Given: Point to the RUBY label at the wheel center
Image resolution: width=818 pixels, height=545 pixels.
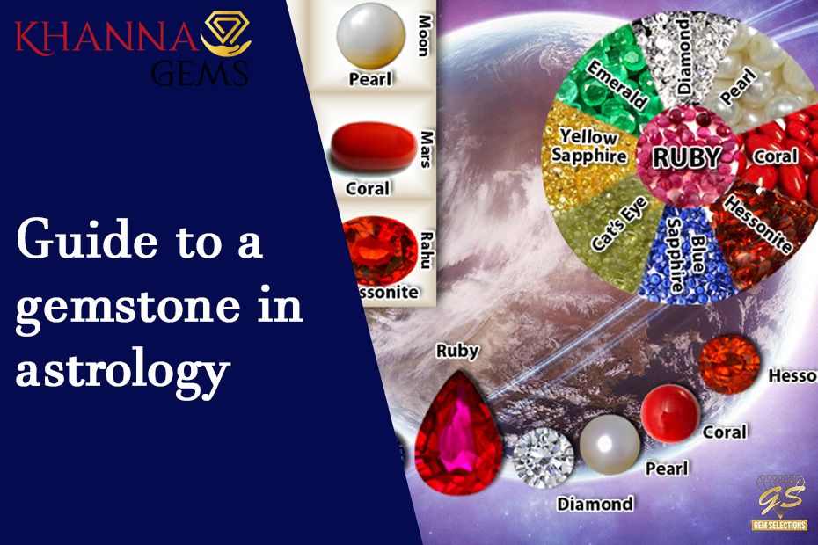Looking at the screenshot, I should (685, 157).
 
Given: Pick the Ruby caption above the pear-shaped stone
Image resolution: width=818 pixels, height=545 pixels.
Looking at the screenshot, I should (457, 351).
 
